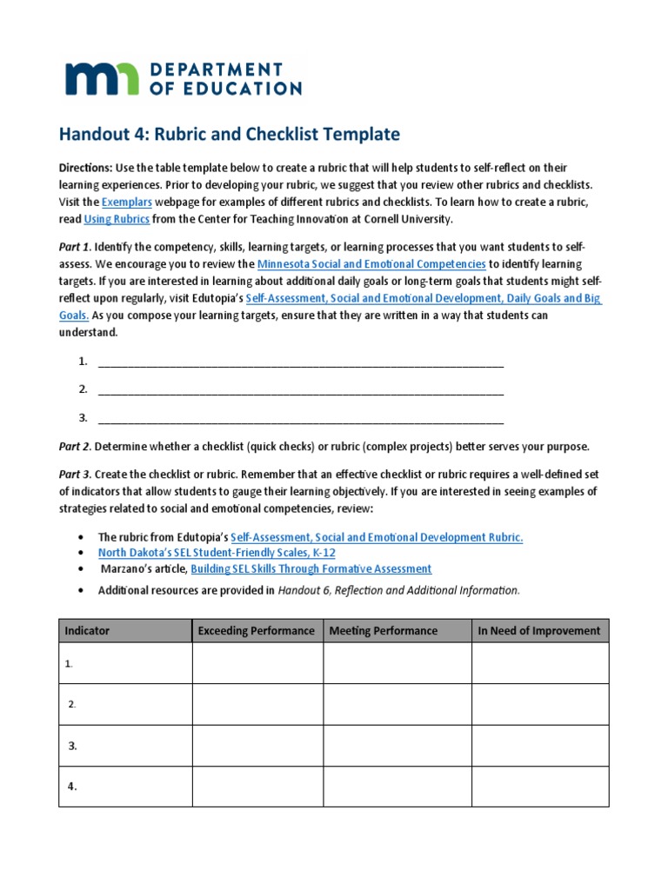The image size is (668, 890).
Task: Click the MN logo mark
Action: tap(100, 78)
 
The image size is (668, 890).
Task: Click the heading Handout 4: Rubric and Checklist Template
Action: tap(229, 135)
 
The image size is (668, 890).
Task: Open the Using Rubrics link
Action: tap(117, 219)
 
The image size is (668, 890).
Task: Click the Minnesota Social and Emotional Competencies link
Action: tap(371, 263)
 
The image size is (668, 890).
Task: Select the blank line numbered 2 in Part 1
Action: tap(301, 389)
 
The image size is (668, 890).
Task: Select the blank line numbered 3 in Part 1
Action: tap(301, 418)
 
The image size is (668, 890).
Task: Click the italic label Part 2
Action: tap(75, 447)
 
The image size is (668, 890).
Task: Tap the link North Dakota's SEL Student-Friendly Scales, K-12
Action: tap(217, 552)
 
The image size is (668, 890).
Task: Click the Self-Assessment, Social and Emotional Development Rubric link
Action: tap(377, 537)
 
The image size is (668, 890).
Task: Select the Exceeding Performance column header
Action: tap(257, 630)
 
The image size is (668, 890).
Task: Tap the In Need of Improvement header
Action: tap(539, 630)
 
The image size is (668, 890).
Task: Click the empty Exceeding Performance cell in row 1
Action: tap(257, 663)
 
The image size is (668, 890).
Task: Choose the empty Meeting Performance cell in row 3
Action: tap(397, 745)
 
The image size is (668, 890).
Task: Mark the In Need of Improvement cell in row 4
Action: tap(539, 786)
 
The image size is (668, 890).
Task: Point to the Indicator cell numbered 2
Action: tap(125, 704)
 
